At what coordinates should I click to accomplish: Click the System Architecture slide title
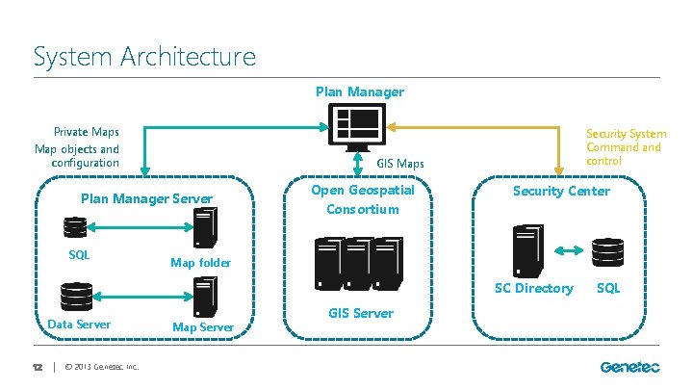(x=144, y=56)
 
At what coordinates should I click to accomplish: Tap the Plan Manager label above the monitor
(x=360, y=92)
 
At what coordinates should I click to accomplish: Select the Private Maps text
(x=87, y=132)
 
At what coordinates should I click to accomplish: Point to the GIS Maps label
(x=399, y=165)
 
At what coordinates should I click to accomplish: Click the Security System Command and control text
(x=626, y=147)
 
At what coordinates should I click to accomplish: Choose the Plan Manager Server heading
(x=146, y=199)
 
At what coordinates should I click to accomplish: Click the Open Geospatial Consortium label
(x=362, y=199)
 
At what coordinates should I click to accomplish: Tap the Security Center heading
(x=561, y=191)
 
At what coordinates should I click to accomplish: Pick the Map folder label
(x=200, y=263)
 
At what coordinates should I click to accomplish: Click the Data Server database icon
(x=76, y=297)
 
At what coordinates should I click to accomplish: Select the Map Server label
(x=202, y=327)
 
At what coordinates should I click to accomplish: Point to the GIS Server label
(x=361, y=313)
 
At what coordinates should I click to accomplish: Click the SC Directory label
(x=533, y=288)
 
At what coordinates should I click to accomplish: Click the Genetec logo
(x=630, y=367)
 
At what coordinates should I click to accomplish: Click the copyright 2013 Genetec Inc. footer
(x=101, y=367)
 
